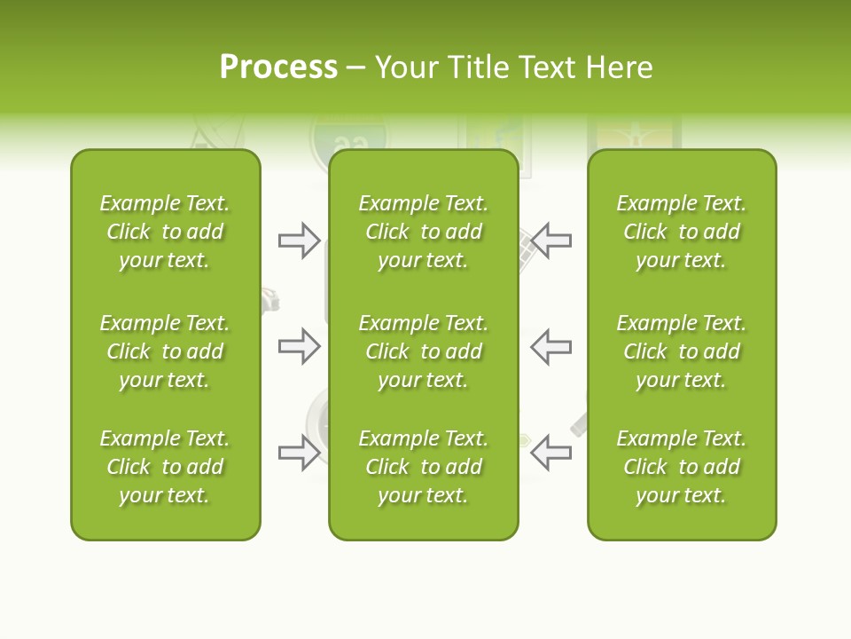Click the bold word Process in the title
pyautogui.click(x=278, y=67)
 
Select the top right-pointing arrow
pyautogui.click(x=299, y=241)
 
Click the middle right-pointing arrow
pyautogui.click(x=299, y=346)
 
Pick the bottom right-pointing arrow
pyautogui.click(x=299, y=454)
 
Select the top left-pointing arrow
pyautogui.click(x=551, y=241)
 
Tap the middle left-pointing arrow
pyautogui.click(x=551, y=346)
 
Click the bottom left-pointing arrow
pyautogui.click(x=551, y=454)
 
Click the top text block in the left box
pyautogui.click(x=165, y=232)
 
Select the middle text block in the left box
pyautogui.click(x=165, y=351)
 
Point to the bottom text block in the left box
pyautogui.click(x=165, y=467)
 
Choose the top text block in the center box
pyautogui.click(x=423, y=232)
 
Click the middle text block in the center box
pyautogui.click(x=423, y=351)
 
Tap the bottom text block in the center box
pyautogui.click(x=423, y=467)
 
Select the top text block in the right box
pyautogui.click(x=681, y=232)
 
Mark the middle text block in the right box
pyautogui.click(x=681, y=351)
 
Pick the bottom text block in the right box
pyautogui.click(x=681, y=467)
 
